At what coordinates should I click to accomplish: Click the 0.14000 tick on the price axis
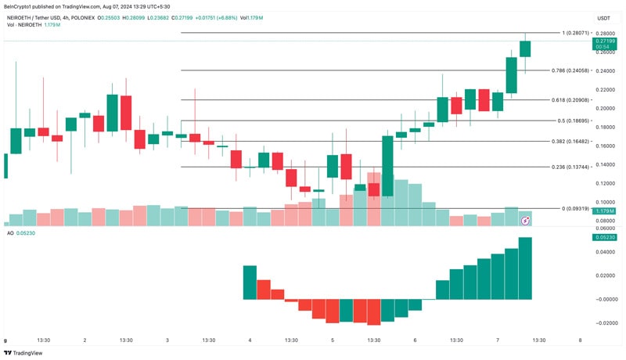604,164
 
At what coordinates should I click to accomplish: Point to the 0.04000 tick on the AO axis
604,252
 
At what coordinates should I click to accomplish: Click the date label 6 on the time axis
415,340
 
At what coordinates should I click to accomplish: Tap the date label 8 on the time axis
580,340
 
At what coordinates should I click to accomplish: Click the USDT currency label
604,18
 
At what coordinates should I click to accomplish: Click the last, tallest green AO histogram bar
525,268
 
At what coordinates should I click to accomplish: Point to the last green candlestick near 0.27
525,49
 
